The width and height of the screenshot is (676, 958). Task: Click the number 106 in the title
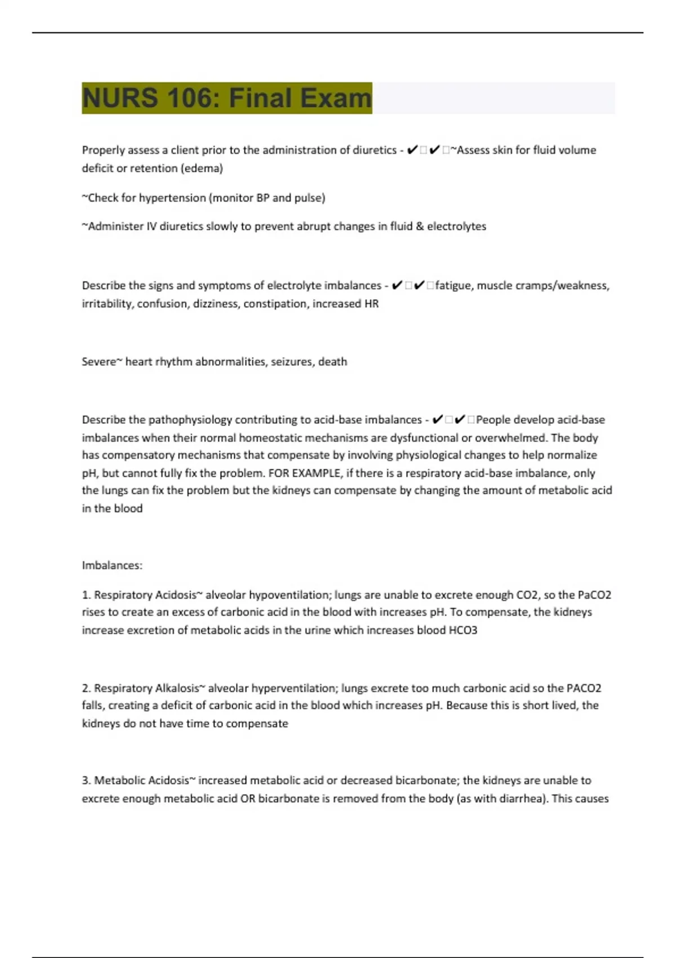click(x=192, y=98)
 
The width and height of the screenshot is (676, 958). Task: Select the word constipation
click(x=274, y=304)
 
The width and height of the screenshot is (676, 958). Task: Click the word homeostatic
click(x=271, y=438)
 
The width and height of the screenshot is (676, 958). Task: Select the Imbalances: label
click(x=112, y=565)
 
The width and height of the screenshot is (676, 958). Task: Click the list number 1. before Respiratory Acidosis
click(x=86, y=595)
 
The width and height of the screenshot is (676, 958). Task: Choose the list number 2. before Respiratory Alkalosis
click(x=86, y=688)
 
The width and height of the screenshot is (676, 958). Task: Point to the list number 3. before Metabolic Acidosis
click(x=86, y=780)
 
